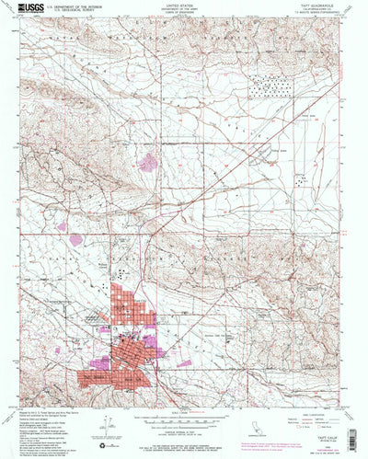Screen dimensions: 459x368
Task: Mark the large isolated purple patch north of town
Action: point(147,163)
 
